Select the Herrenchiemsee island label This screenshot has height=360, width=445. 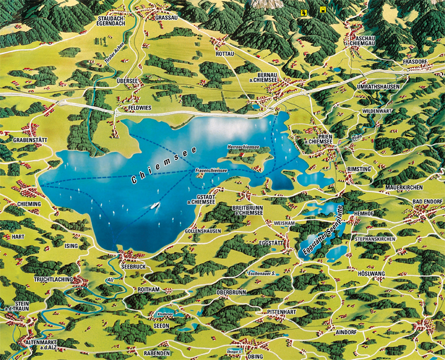click(243, 147)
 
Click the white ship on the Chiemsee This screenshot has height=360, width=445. click(155, 205)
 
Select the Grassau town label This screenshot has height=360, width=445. click(166, 19)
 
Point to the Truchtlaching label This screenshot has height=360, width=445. click(54, 279)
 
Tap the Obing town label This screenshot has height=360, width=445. click(255, 358)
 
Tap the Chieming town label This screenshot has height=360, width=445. click(29, 204)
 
